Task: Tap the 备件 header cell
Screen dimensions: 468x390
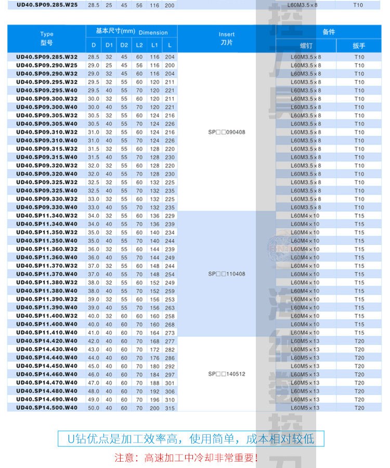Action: tap(329, 32)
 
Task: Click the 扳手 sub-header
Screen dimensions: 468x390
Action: tap(359, 46)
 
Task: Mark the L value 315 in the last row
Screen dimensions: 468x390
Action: tap(170, 408)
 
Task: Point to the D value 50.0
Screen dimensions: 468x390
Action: tap(94, 408)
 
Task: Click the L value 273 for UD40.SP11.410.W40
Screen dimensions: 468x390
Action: tap(170, 332)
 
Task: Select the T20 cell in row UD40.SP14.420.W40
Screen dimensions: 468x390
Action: tap(359, 341)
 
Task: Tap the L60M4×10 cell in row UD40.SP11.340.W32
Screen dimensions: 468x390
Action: tap(306, 216)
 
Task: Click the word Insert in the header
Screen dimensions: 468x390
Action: tap(227, 34)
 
